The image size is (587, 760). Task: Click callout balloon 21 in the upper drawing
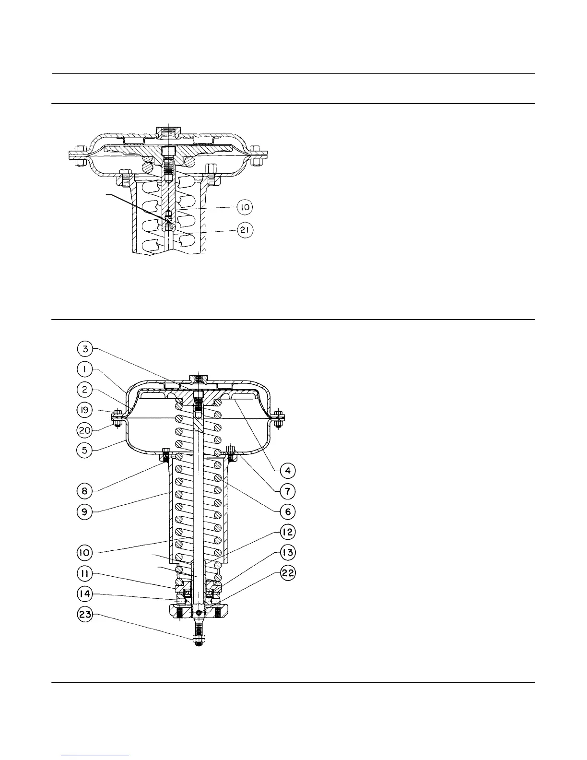click(245, 230)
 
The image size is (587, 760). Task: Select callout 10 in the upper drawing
click(245, 207)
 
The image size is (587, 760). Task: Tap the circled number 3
click(85, 348)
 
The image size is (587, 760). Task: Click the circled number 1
click(85, 369)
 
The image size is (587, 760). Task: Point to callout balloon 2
click(85, 389)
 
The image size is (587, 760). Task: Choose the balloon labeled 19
click(85, 410)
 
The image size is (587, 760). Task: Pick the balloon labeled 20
click(85, 431)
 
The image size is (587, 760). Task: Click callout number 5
click(85, 451)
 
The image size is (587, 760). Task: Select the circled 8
click(85, 491)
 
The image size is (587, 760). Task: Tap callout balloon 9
click(85, 512)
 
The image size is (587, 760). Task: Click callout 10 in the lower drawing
click(85, 553)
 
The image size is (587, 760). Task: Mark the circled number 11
click(85, 573)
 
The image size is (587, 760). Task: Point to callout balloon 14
click(85, 594)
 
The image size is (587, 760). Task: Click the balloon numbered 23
click(85, 615)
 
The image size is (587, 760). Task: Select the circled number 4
click(288, 471)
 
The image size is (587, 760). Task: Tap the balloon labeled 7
click(288, 491)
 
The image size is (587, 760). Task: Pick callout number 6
click(288, 512)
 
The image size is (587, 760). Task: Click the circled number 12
click(288, 532)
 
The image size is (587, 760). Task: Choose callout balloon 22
click(288, 573)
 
